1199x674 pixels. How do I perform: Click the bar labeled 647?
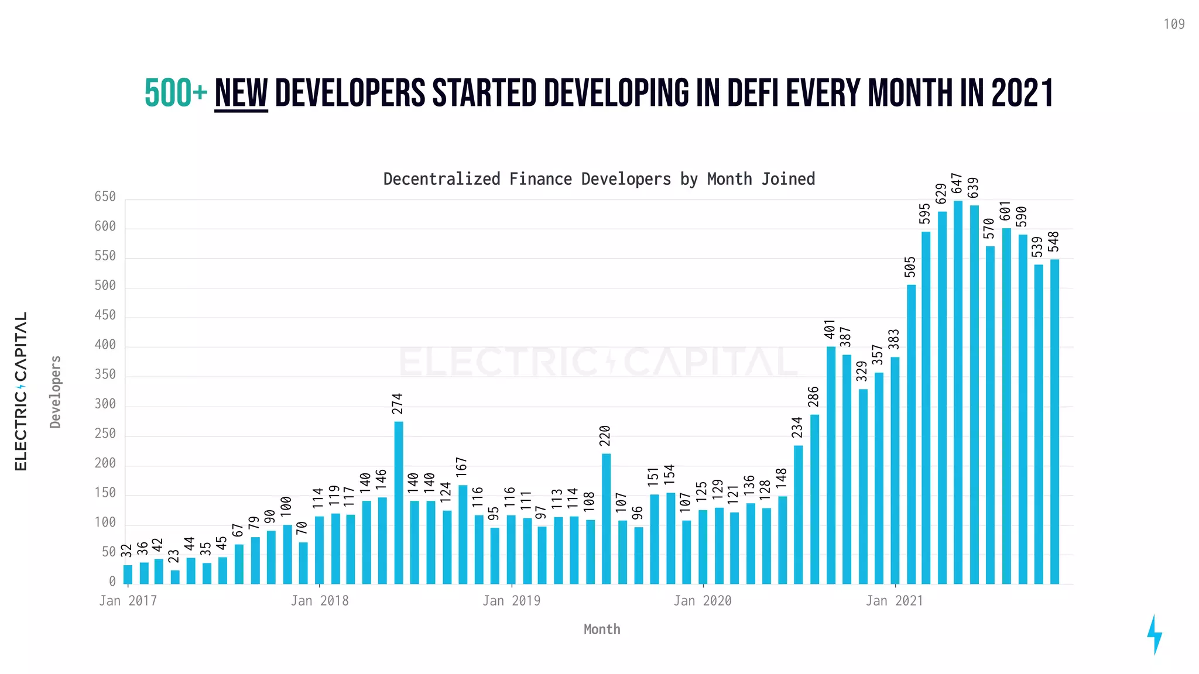point(958,392)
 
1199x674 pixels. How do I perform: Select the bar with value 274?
point(399,503)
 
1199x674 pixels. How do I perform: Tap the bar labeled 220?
point(607,518)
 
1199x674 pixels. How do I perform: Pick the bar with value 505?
point(911,434)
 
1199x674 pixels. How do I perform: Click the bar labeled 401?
point(831,465)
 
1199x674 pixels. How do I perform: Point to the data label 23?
point(174,556)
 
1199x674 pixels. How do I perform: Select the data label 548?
point(1054,242)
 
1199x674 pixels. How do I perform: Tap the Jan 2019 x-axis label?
point(512,601)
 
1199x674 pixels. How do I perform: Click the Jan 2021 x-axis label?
point(895,601)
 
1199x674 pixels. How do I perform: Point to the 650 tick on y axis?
point(105,197)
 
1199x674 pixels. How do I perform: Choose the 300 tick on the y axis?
point(105,404)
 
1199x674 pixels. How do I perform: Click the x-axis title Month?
point(602,630)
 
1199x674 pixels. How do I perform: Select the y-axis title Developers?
point(56,391)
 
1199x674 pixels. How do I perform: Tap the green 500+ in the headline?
point(176,94)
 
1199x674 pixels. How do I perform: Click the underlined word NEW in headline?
point(241,94)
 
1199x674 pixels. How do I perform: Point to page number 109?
point(1174,24)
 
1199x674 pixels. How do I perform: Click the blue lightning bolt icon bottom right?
point(1154,635)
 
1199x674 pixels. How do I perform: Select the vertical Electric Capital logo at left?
point(21,391)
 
